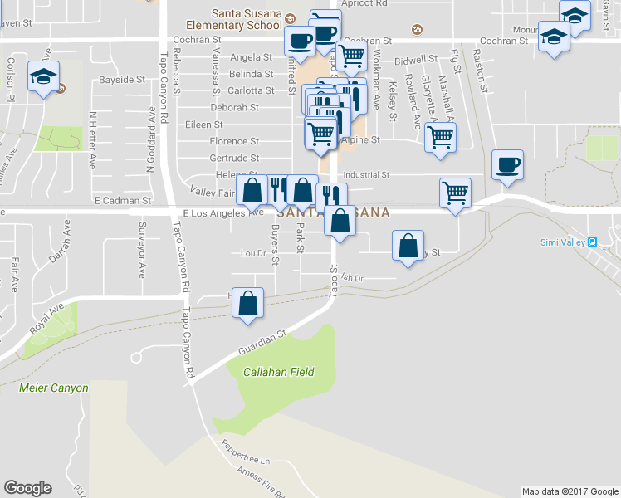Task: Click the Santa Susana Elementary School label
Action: tap(247, 19)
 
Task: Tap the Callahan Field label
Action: tap(278, 372)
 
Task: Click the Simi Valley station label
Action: tap(569, 242)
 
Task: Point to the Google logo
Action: tap(27, 488)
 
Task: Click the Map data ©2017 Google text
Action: tap(570, 491)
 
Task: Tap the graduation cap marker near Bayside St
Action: tap(42, 78)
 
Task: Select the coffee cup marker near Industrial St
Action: tap(506, 164)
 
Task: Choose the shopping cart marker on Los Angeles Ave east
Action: tap(455, 193)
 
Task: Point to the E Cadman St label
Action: tap(122, 201)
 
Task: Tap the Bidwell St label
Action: tap(415, 60)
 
